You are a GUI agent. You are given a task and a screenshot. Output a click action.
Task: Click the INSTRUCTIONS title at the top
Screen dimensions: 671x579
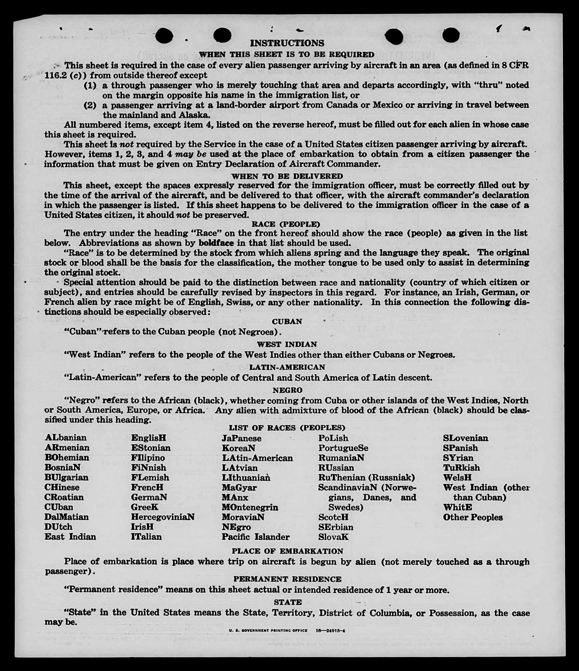click(x=287, y=43)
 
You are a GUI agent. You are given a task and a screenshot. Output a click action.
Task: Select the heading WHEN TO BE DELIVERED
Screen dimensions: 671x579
click(x=287, y=176)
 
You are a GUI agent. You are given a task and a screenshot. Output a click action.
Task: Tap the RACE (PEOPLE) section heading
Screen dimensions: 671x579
click(x=286, y=224)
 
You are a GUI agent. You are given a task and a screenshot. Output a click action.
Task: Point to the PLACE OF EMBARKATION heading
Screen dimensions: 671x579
click(x=287, y=551)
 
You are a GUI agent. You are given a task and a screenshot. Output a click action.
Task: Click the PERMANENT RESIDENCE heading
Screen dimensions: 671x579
click(x=287, y=579)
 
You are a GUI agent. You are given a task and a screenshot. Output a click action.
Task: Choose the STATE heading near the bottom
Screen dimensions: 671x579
click(x=287, y=602)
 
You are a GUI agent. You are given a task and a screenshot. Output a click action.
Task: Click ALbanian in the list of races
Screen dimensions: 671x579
click(x=65, y=437)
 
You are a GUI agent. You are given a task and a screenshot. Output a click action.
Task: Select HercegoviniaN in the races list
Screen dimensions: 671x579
click(x=163, y=517)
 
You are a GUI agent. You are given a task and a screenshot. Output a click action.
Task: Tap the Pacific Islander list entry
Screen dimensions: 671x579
click(x=255, y=537)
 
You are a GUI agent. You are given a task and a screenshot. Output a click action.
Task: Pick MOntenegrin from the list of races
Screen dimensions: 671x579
click(x=250, y=507)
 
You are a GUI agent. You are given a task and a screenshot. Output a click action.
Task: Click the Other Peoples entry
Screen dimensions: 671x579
click(x=472, y=517)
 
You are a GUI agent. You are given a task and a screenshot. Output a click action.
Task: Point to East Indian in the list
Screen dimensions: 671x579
click(x=70, y=537)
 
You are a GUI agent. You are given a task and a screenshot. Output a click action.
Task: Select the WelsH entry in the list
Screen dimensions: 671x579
click(x=457, y=477)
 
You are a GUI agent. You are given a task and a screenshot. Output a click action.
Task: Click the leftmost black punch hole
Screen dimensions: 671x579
click(x=164, y=36)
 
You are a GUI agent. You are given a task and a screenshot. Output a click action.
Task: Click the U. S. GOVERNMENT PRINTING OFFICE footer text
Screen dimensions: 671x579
click(x=268, y=631)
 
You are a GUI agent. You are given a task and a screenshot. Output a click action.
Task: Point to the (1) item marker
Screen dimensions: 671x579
click(x=90, y=85)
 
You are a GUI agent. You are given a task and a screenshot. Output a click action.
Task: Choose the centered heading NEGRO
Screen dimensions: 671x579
click(x=287, y=390)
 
